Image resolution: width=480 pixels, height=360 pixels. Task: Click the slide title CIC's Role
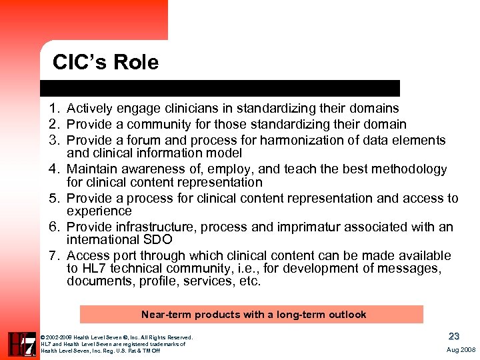[x=106, y=63]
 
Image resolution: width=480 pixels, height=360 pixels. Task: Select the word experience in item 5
[x=99, y=211]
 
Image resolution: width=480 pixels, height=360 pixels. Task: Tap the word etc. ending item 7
[x=250, y=281]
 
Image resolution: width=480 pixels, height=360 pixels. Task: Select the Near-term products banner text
[x=253, y=315]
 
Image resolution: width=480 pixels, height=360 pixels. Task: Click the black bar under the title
[x=220, y=88]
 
